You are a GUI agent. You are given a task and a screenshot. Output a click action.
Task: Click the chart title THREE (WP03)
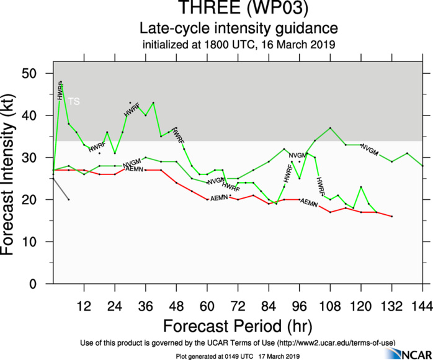239,9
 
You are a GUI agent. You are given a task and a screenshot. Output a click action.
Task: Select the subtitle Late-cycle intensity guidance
239,29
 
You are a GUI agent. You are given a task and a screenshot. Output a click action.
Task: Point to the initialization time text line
239,44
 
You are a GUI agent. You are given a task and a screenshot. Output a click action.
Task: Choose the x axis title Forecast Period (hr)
238,326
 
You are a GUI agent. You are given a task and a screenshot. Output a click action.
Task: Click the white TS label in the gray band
74,101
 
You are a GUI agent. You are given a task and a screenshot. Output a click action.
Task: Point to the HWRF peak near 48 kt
61,82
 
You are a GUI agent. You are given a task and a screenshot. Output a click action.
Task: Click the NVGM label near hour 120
369,150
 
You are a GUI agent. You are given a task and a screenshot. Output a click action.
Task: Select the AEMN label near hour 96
309,202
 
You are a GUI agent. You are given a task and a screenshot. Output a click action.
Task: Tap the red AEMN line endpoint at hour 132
391,217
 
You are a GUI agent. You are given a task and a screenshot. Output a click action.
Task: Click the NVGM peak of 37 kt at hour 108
330,128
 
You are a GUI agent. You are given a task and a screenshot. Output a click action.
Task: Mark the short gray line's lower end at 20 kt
68,200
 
